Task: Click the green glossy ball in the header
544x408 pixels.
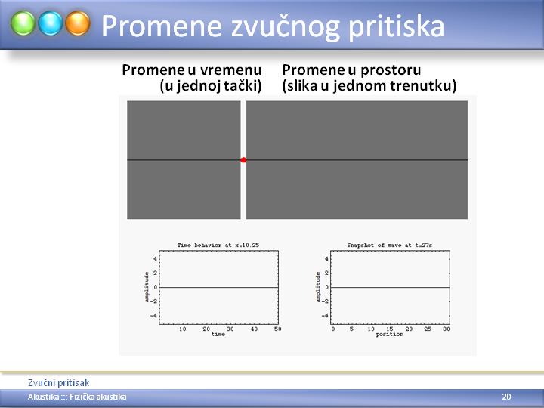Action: [x=23, y=23]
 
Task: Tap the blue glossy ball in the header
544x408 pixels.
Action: [x=51, y=23]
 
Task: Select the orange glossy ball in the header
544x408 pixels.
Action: [x=78, y=23]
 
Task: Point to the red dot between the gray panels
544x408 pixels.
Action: [x=243, y=160]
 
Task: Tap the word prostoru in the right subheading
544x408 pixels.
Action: [x=391, y=71]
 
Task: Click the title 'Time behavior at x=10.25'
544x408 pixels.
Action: [x=218, y=245]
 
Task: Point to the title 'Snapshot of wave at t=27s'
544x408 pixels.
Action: [x=390, y=245]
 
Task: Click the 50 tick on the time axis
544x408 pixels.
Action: [x=277, y=329]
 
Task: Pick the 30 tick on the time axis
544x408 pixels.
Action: [x=230, y=329]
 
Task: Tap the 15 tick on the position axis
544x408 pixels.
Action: [x=390, y=329]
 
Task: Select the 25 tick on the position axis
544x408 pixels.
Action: [x=428, y=329]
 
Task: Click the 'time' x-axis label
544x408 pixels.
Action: [x=218, y=334]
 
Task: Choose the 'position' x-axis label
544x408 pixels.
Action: [x=390, y=335]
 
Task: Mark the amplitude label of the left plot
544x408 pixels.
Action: [x=147, y=287]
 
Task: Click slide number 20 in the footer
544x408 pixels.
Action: [x=506, y=397]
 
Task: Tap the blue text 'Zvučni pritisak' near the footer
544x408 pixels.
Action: [x=59, y=382]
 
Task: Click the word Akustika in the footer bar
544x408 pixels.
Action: [x=43, y=397]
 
